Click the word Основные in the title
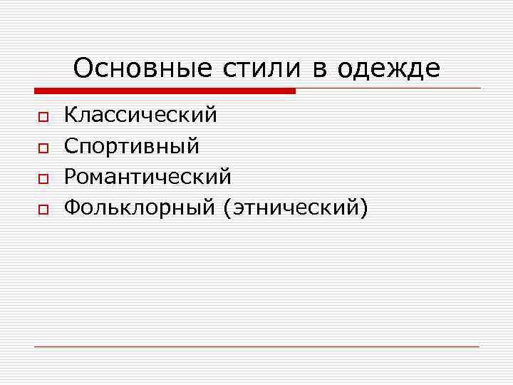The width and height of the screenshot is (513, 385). tap(141, 69)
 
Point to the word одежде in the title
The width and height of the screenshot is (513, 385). tap(388, 69)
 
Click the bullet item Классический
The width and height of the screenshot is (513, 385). tap(140, 115)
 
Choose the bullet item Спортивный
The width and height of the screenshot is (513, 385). tap(132, 145)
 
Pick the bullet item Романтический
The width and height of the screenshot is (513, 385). tap(147, 176)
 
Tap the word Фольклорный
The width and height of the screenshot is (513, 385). tap(139, 207)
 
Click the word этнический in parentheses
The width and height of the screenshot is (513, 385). tap(295, 207)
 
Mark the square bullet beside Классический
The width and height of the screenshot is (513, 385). tap(42, 116)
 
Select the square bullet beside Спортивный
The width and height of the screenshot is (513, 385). tap(42, 148)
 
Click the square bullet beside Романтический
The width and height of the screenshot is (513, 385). tap(42, 178)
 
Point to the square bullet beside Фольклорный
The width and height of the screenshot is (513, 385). tap(42, 209)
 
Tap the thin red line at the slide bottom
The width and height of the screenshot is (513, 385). tap(256, 346)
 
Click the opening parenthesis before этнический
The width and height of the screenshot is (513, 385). tap(227, 207)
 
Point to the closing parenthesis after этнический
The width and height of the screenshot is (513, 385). tap(364, 207)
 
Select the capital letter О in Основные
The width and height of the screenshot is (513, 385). tap(83, 68)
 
